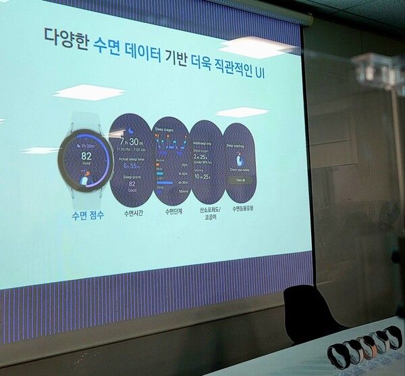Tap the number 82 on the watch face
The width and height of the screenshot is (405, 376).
click(x=86, y=154)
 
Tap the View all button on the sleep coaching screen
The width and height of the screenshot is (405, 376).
click(x=242, y=181)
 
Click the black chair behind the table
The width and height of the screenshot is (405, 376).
click(x=310, y=313)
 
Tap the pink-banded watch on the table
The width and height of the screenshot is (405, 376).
click(x=367, y=346)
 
